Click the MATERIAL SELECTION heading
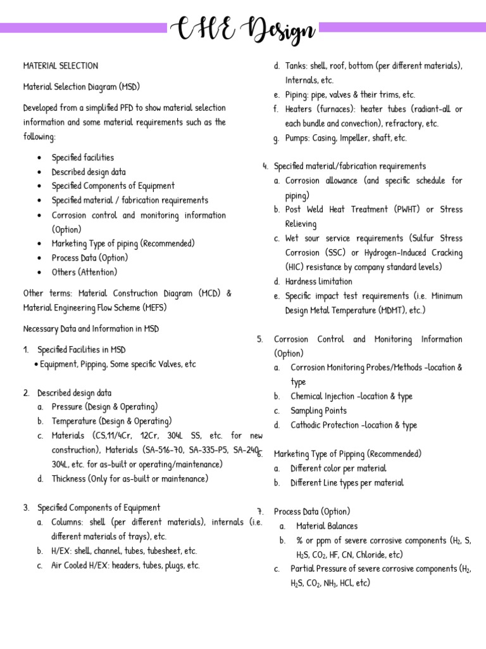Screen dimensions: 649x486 [x=61, y=66]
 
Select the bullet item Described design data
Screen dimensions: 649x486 [x=89, y=172]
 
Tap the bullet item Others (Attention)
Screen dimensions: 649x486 [x=84, y=272]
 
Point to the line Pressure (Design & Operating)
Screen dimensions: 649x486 [x=104, y=407]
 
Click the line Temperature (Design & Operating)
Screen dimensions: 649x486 [x=111, y=421]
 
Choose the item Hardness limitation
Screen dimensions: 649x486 [x=318, y=281]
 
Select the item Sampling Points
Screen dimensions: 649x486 [x=318, y=411]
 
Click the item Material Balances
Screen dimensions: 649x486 [x=327, y=526]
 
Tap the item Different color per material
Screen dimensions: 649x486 [x=338, y=468]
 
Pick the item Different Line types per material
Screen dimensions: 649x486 [x=347, y=483]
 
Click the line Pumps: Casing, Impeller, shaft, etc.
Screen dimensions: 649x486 [x=346, y=138]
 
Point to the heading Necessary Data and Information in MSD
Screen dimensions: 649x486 [x=91, y=329]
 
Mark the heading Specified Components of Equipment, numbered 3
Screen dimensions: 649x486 [x=99, y=508]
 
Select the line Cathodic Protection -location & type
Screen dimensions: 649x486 [x=354, y=425]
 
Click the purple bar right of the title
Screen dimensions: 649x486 [x=402, y=27]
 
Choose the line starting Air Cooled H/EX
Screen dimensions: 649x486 [x=125, y=565]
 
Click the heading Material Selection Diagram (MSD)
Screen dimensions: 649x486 [x=82, y=86]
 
